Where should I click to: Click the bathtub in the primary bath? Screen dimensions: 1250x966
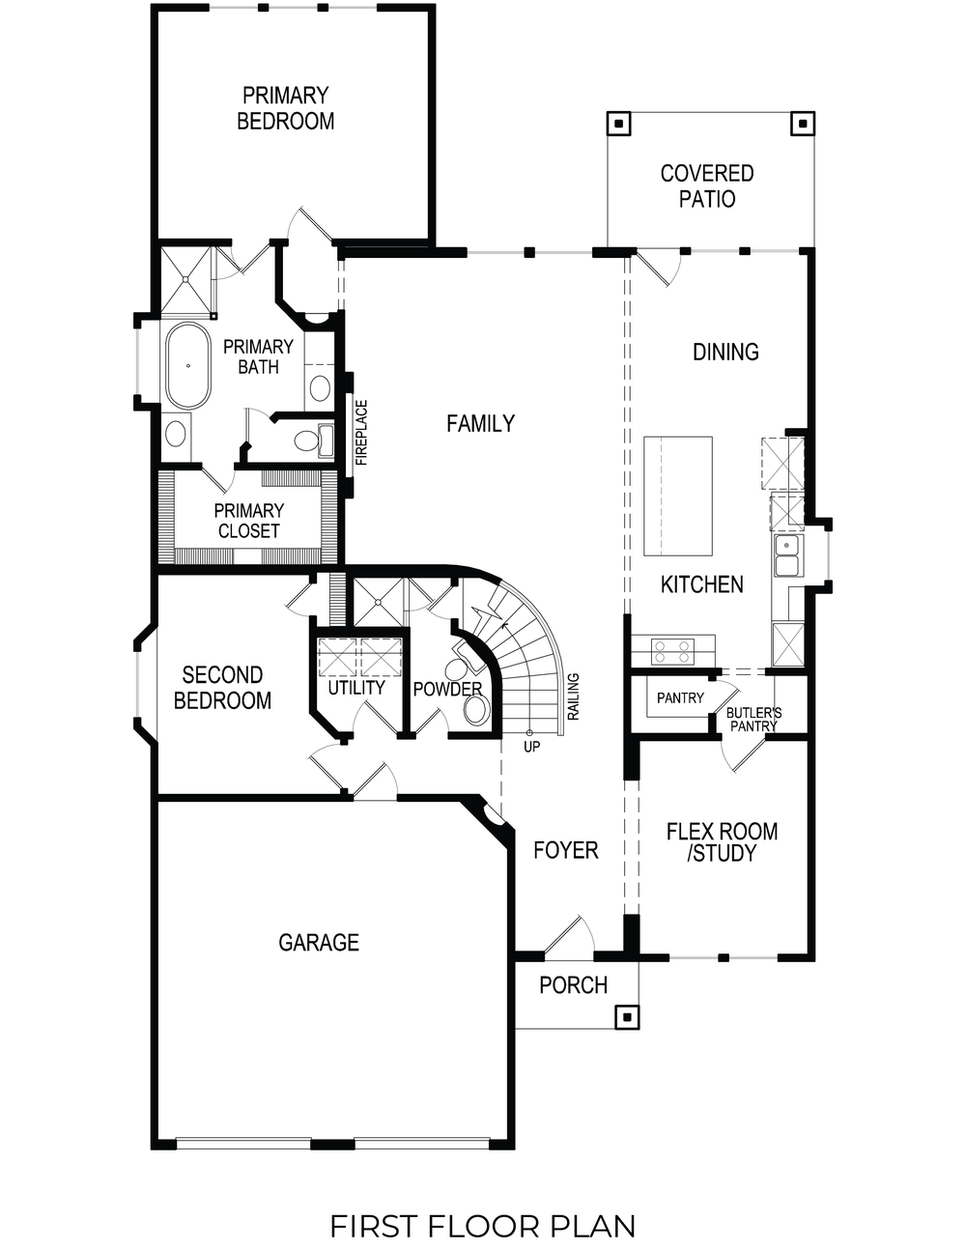[188, 367]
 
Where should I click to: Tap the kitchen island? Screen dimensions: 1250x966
[678, 496]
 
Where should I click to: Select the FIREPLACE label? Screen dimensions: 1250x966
[361, 433]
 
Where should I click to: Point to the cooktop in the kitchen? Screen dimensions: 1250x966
[672, 651]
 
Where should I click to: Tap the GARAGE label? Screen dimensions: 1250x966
[319, 942]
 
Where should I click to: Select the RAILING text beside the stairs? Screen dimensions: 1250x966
[574, 697]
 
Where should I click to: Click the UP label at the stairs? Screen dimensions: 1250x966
[531, 747]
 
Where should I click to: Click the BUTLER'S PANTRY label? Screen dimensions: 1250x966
[753, 720]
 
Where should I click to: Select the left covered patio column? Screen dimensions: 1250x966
[617, 124]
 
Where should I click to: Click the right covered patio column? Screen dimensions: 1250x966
[802, 124]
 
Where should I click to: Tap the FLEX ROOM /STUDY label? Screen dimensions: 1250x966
[722, 841]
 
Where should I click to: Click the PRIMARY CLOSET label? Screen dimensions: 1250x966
[249, 521]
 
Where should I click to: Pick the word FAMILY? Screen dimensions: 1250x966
[480, 423]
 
